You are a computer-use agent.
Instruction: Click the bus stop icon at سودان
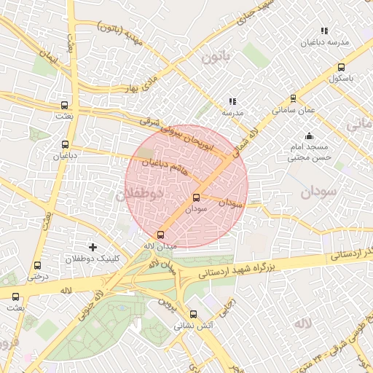point(196,197)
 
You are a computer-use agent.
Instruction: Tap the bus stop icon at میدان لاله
point(161,234)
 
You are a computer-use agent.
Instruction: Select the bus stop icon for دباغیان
point(66,144)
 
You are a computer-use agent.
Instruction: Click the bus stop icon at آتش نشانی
point(193,315)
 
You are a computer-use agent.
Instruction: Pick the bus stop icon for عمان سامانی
point(294,98)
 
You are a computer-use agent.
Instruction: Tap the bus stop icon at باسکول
point(341,67)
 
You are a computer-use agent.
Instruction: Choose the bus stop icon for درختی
point(38,265)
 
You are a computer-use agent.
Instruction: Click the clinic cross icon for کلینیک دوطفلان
point(93,248)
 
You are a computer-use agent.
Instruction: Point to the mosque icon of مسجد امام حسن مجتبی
point(310,136)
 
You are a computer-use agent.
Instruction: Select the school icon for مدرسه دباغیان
point(324,31)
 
